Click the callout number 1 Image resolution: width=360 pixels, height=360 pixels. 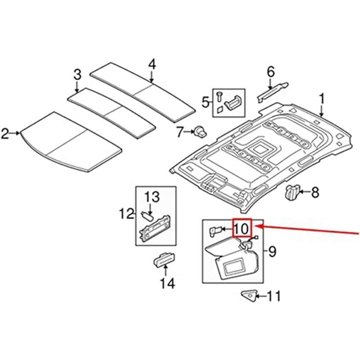coord(322,98)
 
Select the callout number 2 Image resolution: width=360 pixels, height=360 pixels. coord(6,133)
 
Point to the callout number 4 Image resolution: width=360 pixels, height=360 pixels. coord(152,64)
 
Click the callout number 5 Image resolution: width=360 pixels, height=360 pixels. coord(206,103)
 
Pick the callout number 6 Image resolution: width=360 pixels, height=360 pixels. coord(270,71)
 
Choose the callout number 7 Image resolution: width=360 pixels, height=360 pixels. coord(180,132)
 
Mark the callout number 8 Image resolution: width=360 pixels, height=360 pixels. coord(315,193)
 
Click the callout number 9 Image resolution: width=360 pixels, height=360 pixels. coord(272,252)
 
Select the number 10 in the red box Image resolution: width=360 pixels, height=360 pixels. coord(241,229)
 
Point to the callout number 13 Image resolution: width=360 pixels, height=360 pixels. coord(152,196)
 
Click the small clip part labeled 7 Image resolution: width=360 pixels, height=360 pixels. coord(199,131)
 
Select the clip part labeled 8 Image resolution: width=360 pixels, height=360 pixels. coord(292,192)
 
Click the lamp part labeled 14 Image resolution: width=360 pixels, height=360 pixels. coord(162,260)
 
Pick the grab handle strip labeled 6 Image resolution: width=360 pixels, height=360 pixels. coord(272,90)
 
